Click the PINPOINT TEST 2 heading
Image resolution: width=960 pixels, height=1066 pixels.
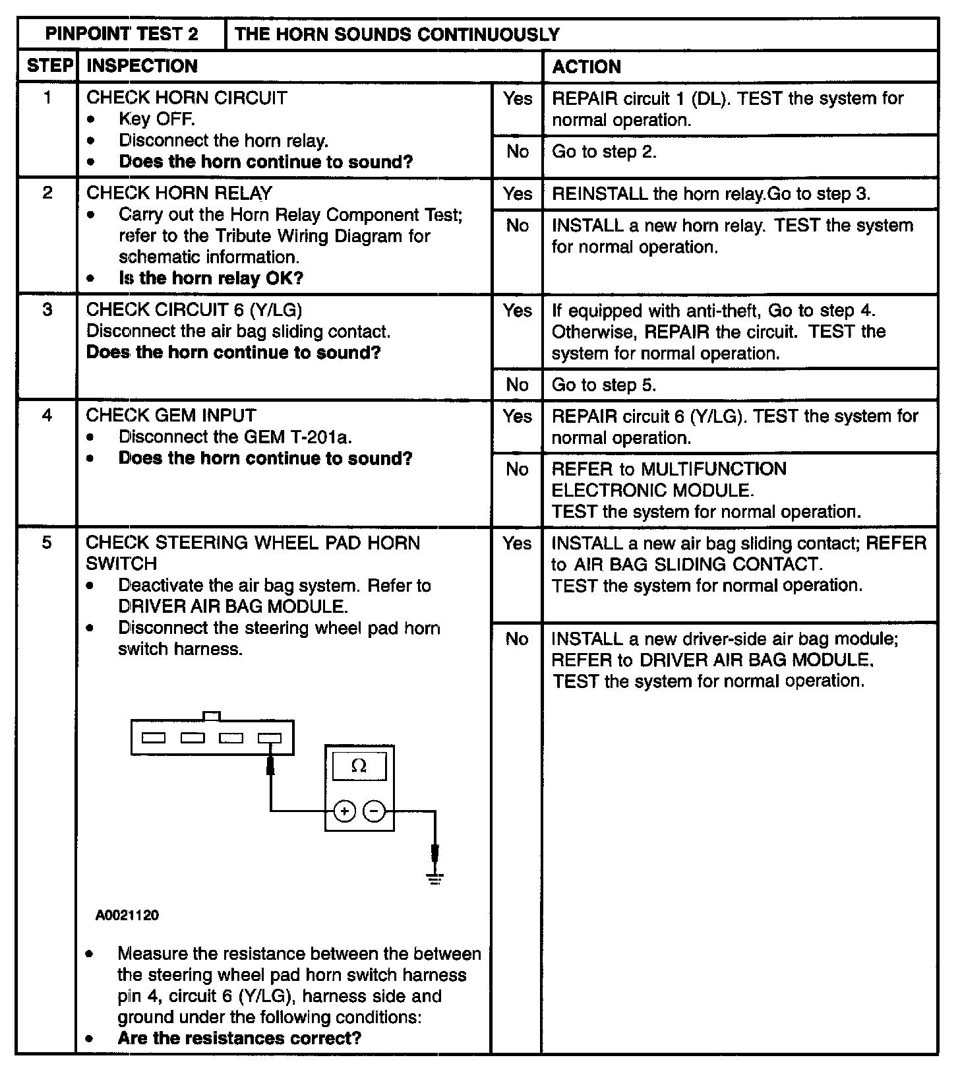122,34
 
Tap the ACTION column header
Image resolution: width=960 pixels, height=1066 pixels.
586,67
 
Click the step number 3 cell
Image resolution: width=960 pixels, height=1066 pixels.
47,309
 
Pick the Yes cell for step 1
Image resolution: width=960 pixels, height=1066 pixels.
518,99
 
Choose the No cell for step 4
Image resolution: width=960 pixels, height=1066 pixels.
518,469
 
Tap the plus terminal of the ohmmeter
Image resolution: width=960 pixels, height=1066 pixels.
344,811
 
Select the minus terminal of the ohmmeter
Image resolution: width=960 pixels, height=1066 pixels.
375,811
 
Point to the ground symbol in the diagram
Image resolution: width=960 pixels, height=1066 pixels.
435,877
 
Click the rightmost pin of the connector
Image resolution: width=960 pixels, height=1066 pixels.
269,738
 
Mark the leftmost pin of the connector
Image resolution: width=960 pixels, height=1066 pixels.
154,738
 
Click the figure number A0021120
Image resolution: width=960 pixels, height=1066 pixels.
127,915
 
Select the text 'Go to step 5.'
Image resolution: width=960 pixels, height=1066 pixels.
604,385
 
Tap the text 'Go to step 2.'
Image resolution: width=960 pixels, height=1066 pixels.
604,152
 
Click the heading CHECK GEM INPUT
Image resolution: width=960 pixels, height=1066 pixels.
171,416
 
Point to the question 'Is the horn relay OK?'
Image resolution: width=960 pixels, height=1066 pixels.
211,278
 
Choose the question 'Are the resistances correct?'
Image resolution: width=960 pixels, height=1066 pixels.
239,1038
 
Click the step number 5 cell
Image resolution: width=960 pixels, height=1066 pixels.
47,542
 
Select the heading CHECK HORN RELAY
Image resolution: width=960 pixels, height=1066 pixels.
179,193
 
